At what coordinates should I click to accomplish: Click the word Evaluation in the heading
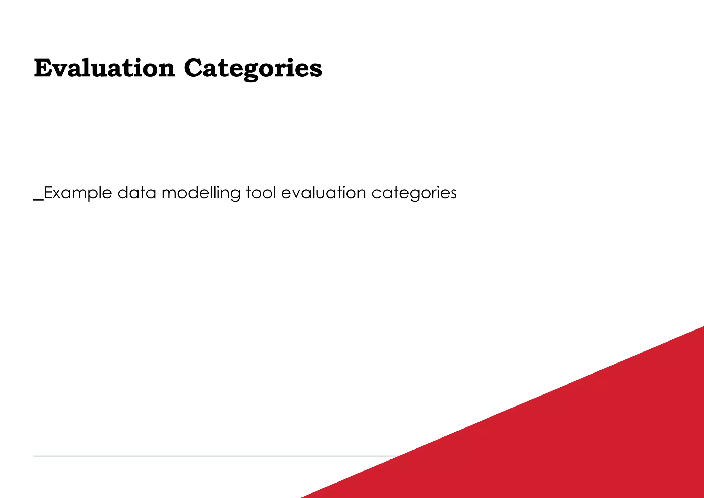pos(104,68)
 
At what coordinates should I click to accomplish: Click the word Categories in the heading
pos(253,68)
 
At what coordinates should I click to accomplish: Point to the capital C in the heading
pos(193,68)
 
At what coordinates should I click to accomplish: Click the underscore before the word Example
pos(38,199)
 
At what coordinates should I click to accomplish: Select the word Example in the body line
pos(78,193)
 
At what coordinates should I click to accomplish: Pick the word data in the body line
pos(137,193)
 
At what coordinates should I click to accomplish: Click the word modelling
pos(201,193)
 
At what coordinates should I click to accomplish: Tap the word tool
pos(261,193)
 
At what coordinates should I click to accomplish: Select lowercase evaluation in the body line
pos(323,193)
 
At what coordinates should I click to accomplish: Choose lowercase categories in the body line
pos(414,193)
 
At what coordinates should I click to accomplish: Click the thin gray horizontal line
pos(206,456)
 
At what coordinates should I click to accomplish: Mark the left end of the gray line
pos(34,456)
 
